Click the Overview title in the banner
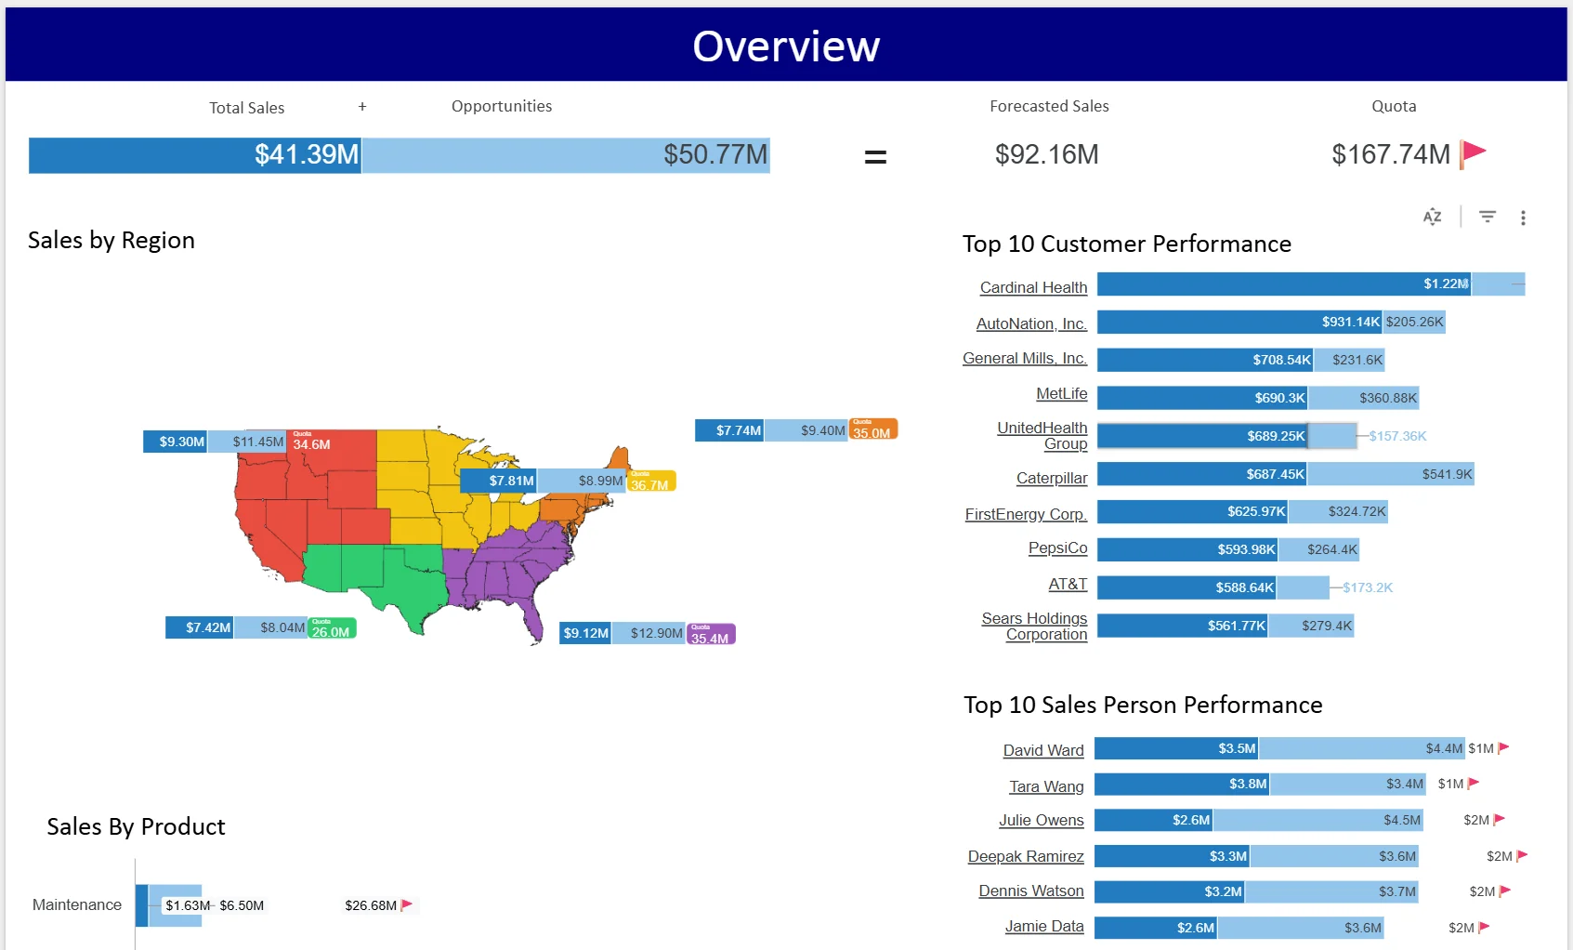click(786, 46)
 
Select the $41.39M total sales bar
click(195, 155)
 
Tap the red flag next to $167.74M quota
click(1474, 153)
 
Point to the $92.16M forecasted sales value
click(1046, 154)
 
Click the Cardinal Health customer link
click(1033, 287)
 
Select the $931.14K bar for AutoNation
click(1239, 323)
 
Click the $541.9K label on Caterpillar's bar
click(1447, 474)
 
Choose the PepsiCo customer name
click(1057, 548)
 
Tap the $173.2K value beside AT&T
click(1368, 587)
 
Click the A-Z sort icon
click(1432, 217)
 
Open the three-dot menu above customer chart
click(1523, 218)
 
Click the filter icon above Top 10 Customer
click(1488, 217)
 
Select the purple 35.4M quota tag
click(711, 635)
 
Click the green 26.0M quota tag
click(331, 628)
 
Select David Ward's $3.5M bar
click(1175, 748)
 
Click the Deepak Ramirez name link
click(1026, 856)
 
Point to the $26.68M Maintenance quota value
click(371, 905)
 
